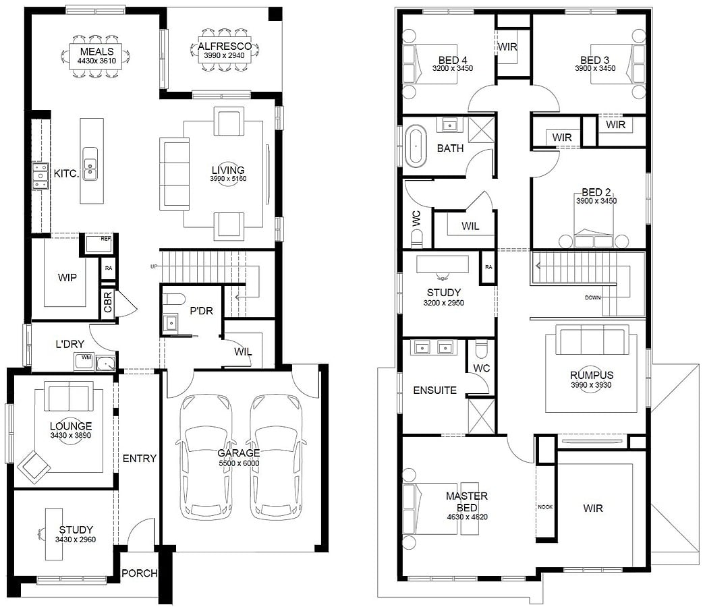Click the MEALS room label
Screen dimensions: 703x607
tap(97, 51)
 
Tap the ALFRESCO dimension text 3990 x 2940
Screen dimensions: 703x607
tap(224, 55)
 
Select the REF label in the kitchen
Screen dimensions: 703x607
tap(106, 239)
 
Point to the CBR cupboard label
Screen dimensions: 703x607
tap(108, 302)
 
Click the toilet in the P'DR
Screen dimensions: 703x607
tap(173, 299)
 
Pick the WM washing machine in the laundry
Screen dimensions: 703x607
tap(84, 361)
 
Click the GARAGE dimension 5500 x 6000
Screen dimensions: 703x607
tap(239, 463)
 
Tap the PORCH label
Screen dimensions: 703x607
tap(140, 573)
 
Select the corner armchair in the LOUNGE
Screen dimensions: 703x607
tap(34, 467)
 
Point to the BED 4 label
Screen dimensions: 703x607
tap(453, 60)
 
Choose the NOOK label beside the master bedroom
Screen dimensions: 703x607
tap(545, 507)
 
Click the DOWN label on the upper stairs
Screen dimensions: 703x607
tap(592, 297)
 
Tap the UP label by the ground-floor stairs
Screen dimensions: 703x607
tap(154, 266)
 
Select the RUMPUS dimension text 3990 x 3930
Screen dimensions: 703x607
tap(592, 385)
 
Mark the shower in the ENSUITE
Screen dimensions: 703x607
tap(481, 415)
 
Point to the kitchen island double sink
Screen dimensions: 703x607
tap(90, 164)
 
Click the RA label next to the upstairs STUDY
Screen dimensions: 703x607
tap(488, 267)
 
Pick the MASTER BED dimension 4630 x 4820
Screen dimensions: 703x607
tap(467, 517)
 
